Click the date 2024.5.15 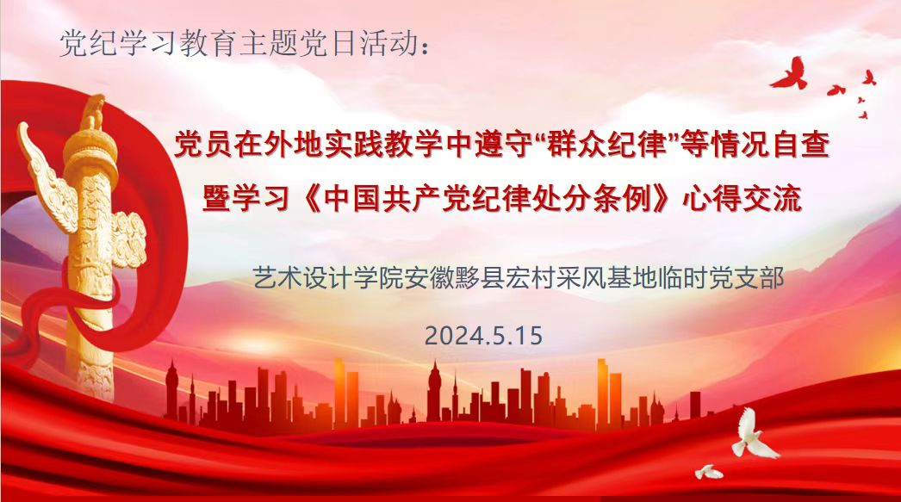(x=483, y=336)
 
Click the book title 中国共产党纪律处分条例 (x=489, y=199)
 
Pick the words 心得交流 (x=742, y=199)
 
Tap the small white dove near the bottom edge (x=709, y=472)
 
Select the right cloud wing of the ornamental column (x=130, y=239)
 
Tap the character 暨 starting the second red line (x=216, y=199)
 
